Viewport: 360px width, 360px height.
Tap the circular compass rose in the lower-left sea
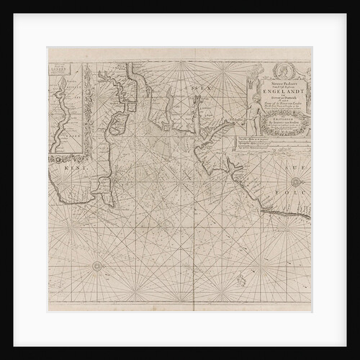[97, 266]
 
